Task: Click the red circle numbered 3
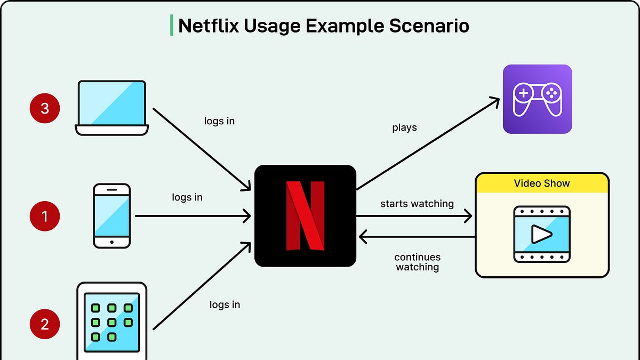coord(45,108)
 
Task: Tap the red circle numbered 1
coord(45,216)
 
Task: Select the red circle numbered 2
coord(45,324)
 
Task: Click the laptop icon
coord(112,107)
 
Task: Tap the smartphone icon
coord(112,215)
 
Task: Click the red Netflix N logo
coord(305,215)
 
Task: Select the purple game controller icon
coord(537,99)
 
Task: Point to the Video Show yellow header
coord(542,183)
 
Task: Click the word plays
coord(404,128)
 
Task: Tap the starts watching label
coord(417,204)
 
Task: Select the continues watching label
coord(417,262)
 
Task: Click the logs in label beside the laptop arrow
coord(219,121)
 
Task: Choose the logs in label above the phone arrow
coord(187,197)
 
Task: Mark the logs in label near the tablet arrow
coord(225,305)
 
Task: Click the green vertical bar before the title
coord(172,25)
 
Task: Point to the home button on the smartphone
coord(112,242)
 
